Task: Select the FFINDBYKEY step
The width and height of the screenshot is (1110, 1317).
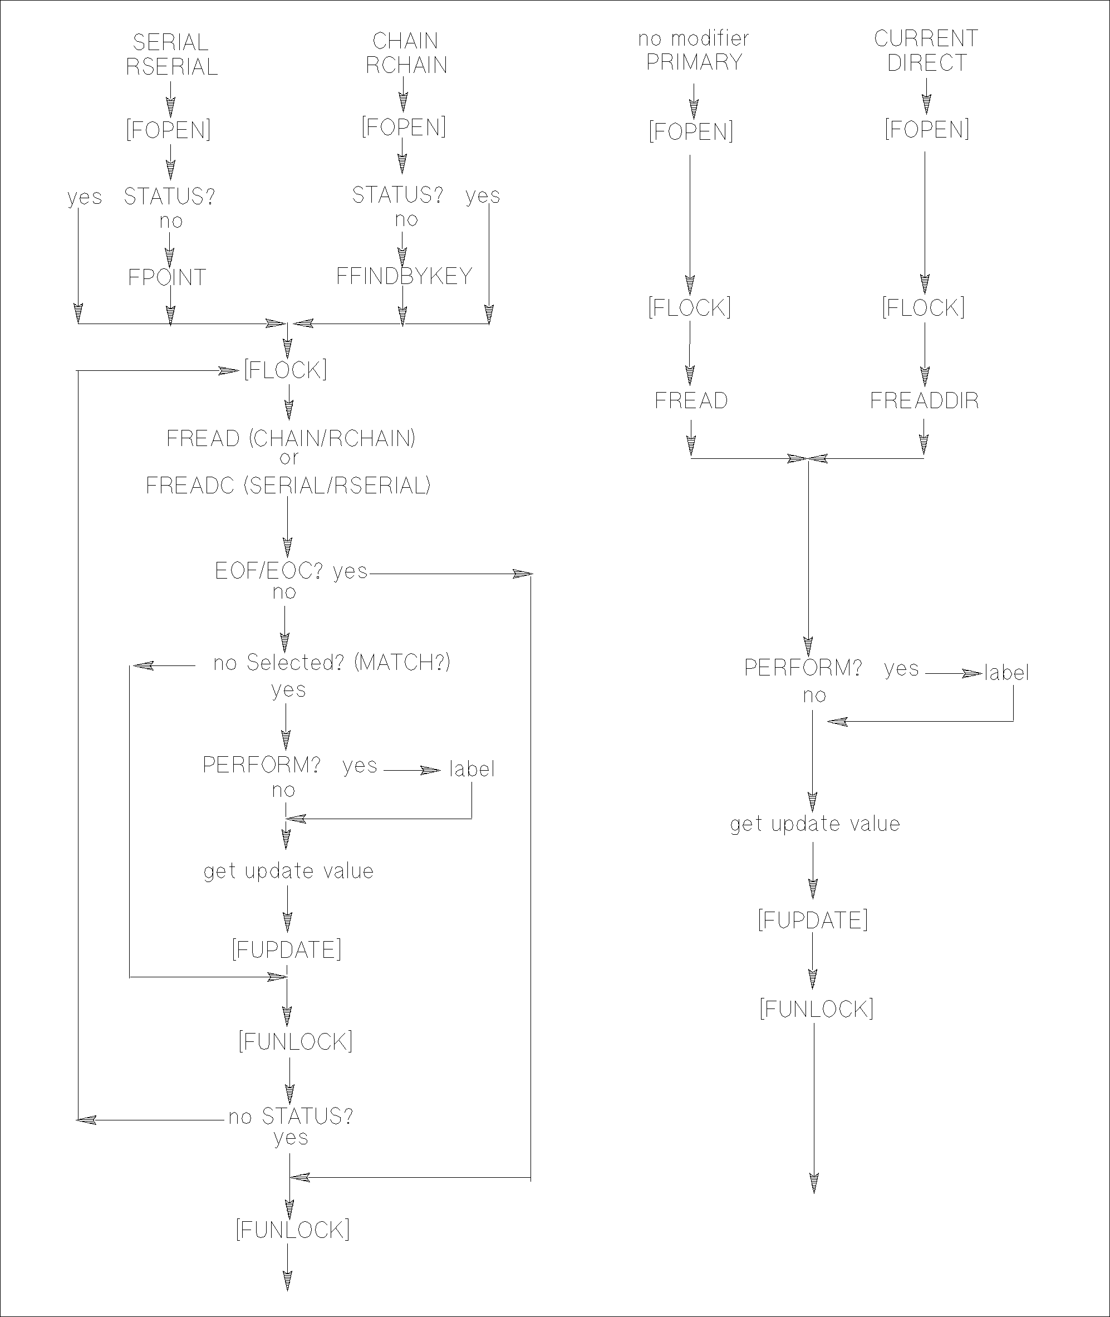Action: click(x=404, y=276)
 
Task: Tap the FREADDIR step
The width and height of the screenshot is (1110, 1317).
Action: click(x=924, y=401)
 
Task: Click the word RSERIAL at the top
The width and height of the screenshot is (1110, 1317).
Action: click(x=172, y=67)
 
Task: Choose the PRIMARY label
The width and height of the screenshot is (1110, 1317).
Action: click(x=694, y=62)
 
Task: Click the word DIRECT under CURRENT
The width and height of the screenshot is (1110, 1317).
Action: click(x=926, y=63)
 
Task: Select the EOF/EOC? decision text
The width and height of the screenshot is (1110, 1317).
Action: click(x=269, y=571)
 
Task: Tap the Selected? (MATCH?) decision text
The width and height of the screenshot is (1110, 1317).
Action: click(x=348, y=662)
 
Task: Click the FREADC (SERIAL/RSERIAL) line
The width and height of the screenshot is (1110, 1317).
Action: click(x=288, y=486)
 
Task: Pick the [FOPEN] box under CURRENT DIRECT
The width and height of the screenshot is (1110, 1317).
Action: click(x=926, y=130)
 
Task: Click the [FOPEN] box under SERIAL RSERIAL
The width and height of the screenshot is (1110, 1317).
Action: click(x=168, y=130)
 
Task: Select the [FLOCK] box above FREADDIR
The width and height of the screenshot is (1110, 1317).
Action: click(x=923, y=308)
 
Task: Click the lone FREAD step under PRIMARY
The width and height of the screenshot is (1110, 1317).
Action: click(x=691, y=401)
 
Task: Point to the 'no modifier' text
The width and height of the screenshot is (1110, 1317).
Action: click(x=694, y=39)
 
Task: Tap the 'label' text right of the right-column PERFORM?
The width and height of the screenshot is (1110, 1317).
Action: click(x=1006, y=673)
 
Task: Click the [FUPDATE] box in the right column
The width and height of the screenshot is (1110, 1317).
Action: click(x=812, y=921)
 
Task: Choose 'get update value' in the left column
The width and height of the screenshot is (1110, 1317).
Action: click(x=288, y=872)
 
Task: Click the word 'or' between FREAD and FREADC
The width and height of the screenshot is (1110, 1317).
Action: click(x=289, y=458)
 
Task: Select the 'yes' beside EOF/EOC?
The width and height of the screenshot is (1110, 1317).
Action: click(x=350, y=571)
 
